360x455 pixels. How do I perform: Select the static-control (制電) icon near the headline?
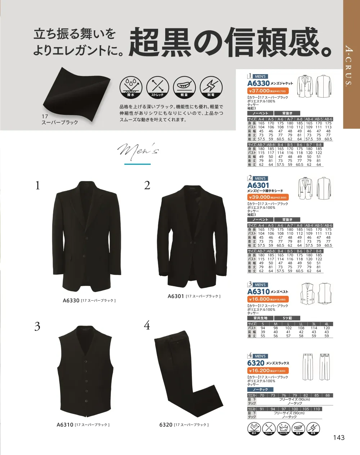211,86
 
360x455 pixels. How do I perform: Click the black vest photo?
85,371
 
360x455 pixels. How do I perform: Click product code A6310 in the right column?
258,292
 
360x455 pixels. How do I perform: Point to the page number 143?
339,437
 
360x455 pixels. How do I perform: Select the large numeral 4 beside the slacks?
147,326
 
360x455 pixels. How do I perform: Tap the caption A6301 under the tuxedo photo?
176,296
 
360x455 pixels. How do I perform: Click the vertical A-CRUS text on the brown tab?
349,65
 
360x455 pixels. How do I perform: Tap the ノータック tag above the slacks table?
260,389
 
